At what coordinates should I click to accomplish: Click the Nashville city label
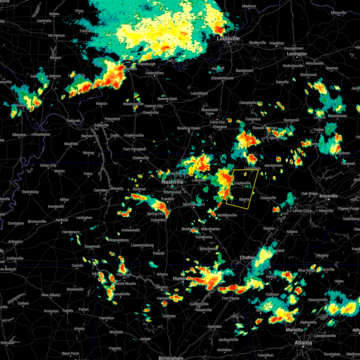[x=172, y=182]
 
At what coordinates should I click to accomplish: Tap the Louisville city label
[x=228, y=39]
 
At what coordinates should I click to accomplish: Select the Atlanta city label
[x=303, y=343]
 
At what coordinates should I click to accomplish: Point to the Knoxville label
[x=328, y=196]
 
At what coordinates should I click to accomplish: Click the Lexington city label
[x=297, y=54]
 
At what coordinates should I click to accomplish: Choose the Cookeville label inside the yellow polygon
[x=242, y=183]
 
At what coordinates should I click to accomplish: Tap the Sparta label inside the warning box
[x=244, y=199]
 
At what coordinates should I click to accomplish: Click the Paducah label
[x=73, y=121]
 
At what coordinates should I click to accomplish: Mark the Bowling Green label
[x=189, y=128]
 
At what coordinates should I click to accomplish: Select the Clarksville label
[x=141, y=158]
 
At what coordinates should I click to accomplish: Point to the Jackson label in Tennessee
[x=61, y=220]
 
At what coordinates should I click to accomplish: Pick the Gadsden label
[x=214, y=326]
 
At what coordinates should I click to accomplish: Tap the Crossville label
[x=268, y=198]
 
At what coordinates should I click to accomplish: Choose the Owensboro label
[x=154, y=73]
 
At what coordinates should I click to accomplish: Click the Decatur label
[x=161, y=287]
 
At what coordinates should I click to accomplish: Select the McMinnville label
[x=227, y=215]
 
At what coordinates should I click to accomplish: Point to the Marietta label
[x=294, y=330]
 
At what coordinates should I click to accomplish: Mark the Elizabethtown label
[x=222, y=78]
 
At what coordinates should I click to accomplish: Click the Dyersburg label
[x=30, y=192]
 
